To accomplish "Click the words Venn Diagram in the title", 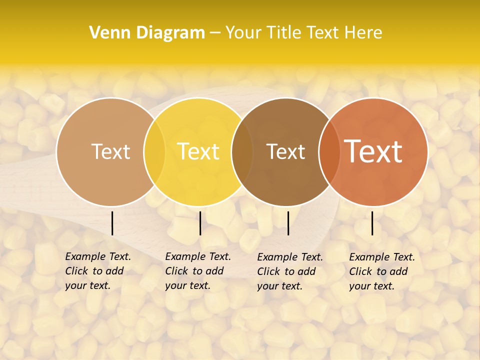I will [x=147, y=33].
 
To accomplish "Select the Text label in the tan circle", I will [x=110, y=151].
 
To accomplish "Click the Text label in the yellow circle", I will [x=198, y=151].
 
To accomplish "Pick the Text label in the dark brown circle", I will [x=285, y=151].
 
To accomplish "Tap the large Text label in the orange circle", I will [x=373, y=151].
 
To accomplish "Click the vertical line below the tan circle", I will [x=112, y=223].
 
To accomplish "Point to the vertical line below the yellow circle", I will [x=200, y=223].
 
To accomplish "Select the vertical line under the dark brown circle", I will [x=288, y=223].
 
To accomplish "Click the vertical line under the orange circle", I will [x=372, y=223].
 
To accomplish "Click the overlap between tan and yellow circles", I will [x=154, y=151].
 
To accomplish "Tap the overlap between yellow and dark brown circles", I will [x=242, y=151].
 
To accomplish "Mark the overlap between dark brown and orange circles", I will [x=328, y=151].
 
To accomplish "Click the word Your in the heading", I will [x=242, y=33].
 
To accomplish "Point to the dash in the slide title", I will [x=215, y=33].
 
